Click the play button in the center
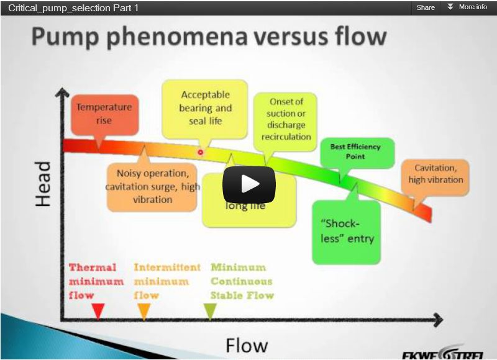(x=249, y=184)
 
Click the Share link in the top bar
(x=426, y=7)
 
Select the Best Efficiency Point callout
(x=355, y=152)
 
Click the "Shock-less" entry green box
(x=345, y=231)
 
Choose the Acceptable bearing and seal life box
(x=205, y=107)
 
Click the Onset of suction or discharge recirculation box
(x=286, y=119)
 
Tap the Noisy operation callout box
(x=152, y=186)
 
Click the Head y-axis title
(x=42, y=184)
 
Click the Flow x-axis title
(x=247, y=344)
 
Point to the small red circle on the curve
(x=201, y=152)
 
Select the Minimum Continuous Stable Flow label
(x=241, y=281)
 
